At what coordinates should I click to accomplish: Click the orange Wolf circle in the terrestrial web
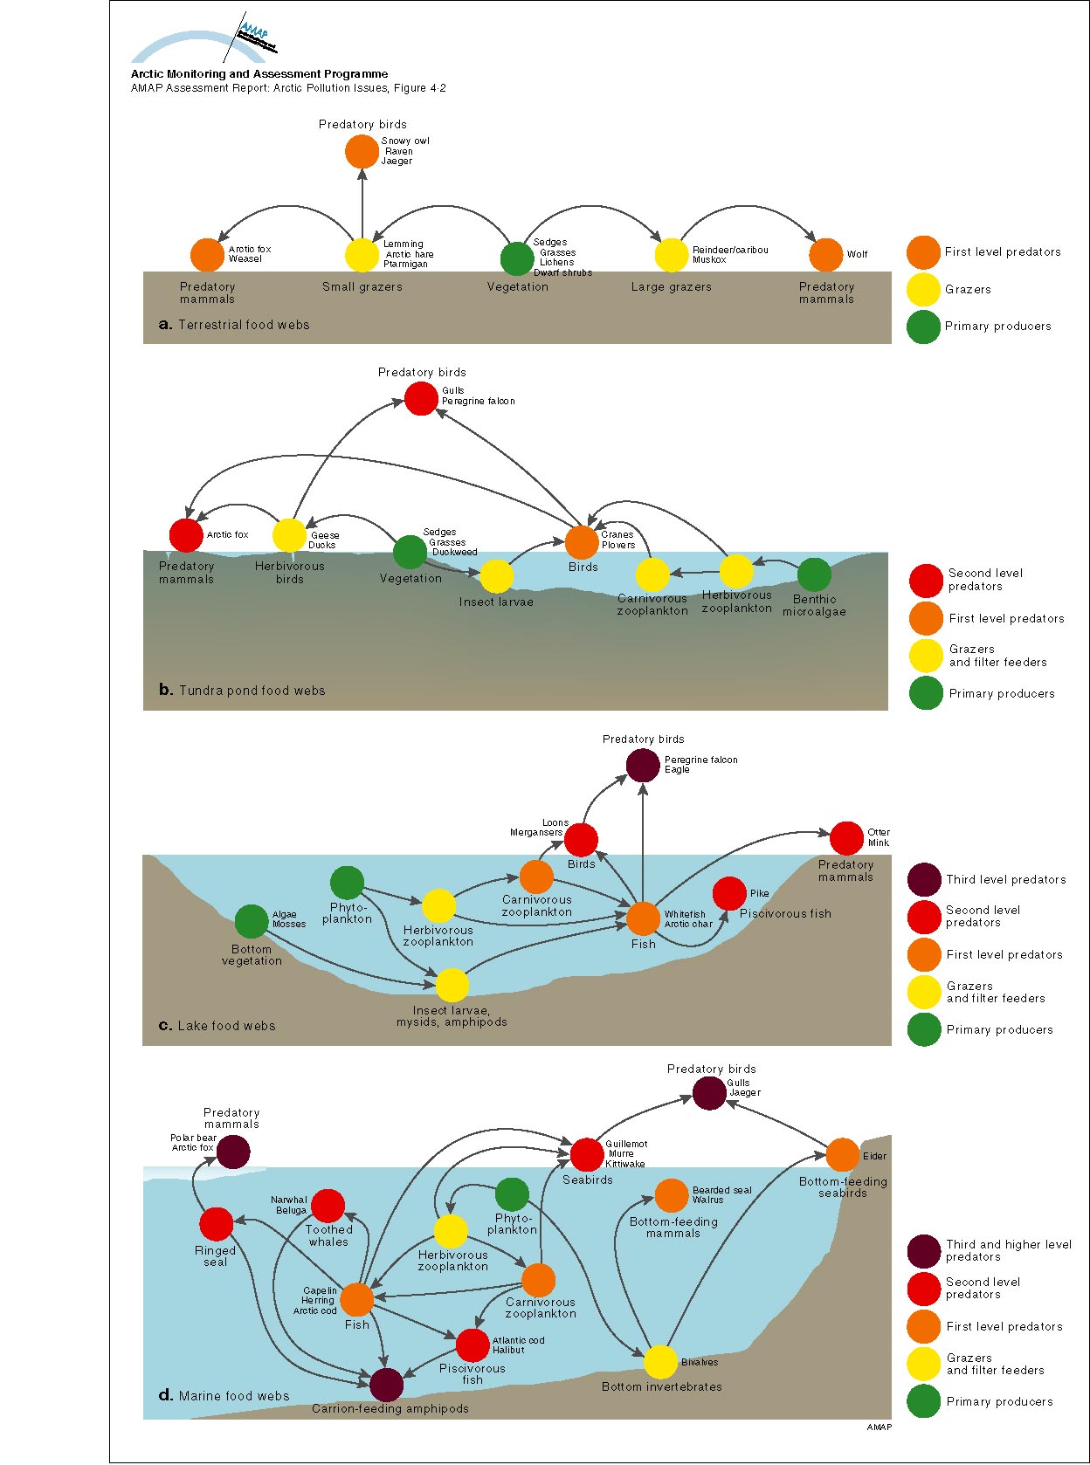[x=825, y=255]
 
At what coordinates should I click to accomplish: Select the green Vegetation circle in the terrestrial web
[x=517, y=258]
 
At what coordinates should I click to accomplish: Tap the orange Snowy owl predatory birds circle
[x=362, y=152]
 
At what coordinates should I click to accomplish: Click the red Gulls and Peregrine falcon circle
[x=421, y=399]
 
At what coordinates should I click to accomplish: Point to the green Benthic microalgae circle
[x=814, y=574]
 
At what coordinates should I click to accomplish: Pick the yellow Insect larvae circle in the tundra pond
[x=496, y=576]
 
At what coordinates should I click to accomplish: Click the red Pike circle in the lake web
[x=729, y=893]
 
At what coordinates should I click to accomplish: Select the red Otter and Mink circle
[x=846, y=838]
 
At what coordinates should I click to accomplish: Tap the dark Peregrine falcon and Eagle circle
[x=643, y=766]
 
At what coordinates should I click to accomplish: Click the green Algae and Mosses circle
[x=252, y=921]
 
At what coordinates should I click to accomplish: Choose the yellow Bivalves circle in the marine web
[x=660, y=1362]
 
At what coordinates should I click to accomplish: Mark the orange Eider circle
[x=842, y=1154]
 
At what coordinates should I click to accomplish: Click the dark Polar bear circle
[x=233, y=1152]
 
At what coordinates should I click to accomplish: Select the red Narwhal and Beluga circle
[x=328, y=1206]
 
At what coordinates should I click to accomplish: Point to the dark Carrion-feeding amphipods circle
[x=386, y=1385]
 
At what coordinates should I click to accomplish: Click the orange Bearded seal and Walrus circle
[x=671, y=1195]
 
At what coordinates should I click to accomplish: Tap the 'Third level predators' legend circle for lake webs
[x=924, y=880]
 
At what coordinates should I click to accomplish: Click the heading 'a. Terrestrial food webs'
[x=234, y=325]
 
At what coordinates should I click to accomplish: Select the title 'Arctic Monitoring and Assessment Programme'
[x=259, y=74]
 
